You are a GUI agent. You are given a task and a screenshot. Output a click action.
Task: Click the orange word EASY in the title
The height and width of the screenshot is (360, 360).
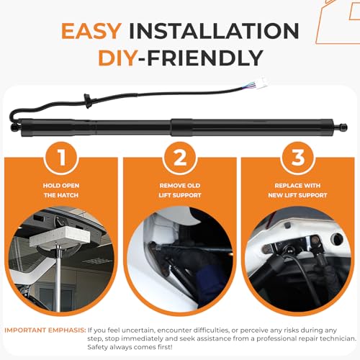pos(91,31)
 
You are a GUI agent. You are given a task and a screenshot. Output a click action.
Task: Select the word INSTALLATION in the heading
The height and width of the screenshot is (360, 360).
pos(214,31)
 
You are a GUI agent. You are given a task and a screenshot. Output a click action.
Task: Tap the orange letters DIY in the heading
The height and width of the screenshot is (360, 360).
pos(117,58)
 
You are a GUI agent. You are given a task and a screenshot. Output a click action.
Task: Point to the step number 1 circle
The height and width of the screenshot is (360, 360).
pos(61,158)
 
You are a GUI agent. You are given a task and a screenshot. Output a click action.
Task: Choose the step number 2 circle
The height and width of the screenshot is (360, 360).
pos(180,158)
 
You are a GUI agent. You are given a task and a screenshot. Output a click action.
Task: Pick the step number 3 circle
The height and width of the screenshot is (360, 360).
pos(298,158)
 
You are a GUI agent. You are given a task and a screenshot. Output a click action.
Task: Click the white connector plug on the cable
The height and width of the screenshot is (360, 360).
pos(262,83)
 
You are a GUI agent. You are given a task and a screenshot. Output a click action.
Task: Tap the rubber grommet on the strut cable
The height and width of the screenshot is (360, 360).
pos(88,101)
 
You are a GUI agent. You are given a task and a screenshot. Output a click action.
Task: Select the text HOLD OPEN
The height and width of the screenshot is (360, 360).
pos(61,186)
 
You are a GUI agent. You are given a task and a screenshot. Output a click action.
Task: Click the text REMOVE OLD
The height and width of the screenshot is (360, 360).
pos(180,186)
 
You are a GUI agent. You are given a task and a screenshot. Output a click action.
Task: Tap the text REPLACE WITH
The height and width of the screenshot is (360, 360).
pos(297,186)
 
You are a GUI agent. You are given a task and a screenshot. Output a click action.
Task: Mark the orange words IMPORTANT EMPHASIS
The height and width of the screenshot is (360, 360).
pos(45,330)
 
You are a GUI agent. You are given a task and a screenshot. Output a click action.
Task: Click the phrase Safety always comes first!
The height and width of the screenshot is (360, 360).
pos(130,347)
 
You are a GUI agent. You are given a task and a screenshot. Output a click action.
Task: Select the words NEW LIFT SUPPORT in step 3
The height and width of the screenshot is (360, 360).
pos(297,195)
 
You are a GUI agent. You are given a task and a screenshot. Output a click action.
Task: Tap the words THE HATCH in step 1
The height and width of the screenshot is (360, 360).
pos(61,195)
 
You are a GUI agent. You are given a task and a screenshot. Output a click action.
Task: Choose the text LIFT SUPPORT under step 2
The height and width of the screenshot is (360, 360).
pos(180,195)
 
